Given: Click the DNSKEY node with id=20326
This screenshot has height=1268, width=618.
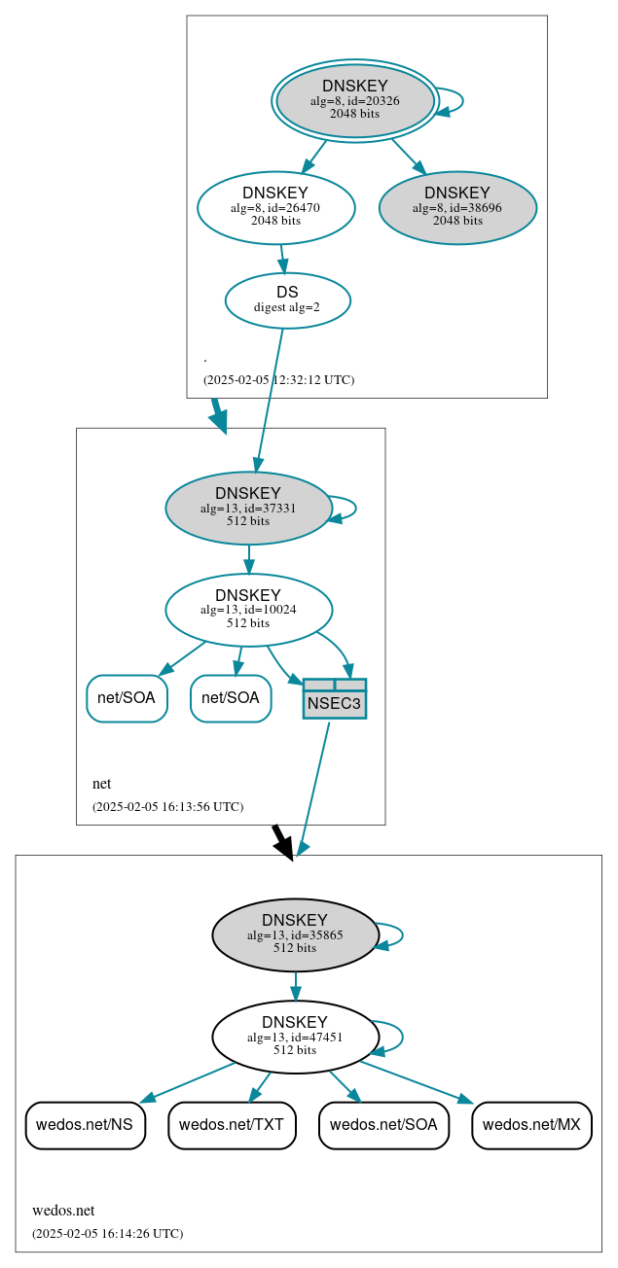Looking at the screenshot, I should pos(355,101).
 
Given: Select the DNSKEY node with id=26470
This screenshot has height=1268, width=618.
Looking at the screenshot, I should pos(275,207).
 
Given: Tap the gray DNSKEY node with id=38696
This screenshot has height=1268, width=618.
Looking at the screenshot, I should pos(457,207).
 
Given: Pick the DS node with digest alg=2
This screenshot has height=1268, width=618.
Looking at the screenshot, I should pos(287,300).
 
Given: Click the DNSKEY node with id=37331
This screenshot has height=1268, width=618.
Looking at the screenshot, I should pos(248,508).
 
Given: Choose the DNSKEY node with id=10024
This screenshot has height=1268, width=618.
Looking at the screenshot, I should pos(248,610).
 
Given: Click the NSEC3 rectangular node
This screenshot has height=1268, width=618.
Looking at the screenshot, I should pos(335,699).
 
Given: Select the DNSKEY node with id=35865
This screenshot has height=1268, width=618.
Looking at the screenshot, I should pos(295,934).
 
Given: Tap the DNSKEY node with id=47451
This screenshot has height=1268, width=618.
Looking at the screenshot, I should pos(295,1037).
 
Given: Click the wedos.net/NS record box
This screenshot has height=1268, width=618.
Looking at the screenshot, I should pos(86,1125).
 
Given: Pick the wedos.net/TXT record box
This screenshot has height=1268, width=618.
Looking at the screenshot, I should pos(232,1125).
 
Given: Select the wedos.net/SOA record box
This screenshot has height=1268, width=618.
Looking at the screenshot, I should pos(383,1125).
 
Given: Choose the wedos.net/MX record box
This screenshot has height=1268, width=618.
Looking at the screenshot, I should pos(531,1125).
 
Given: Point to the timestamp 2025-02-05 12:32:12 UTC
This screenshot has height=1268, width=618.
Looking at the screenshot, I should pos(278,380).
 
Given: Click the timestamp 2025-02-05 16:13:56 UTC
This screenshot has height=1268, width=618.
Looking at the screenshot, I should pos(167,807).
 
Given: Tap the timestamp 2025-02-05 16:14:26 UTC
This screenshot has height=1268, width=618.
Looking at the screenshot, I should pos(107,1234).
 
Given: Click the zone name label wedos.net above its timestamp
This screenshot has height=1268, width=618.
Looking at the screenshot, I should pos(63,1211).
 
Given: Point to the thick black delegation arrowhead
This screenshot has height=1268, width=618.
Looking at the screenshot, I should pos(283,847).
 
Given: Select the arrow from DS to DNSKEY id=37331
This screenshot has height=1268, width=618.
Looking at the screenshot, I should pos(270,399).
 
